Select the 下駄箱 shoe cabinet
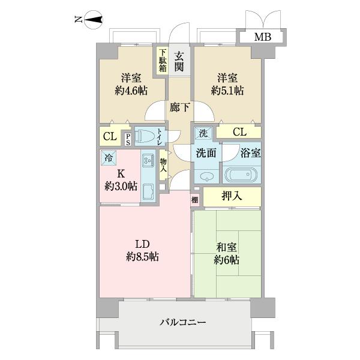[163, 61]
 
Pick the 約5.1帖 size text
[227, 91]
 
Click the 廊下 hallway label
[178, 109]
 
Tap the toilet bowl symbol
[145, 136]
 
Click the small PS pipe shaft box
[128, 139]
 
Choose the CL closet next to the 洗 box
[239, 132]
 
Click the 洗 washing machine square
[203, 133]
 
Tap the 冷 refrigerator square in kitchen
[109, 158]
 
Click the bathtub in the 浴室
[241, 175]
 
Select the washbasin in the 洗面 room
[206, 176]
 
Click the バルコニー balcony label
[183, 323]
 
